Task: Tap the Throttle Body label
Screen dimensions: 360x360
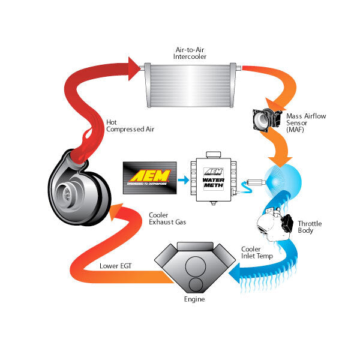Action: [x=310, y=227]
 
